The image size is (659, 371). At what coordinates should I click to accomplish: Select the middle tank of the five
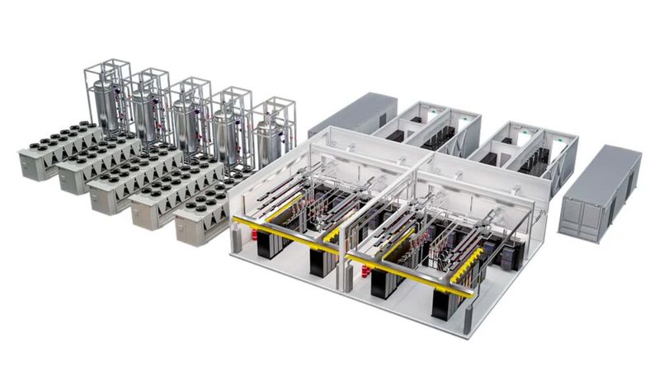[x=186, y=120]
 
